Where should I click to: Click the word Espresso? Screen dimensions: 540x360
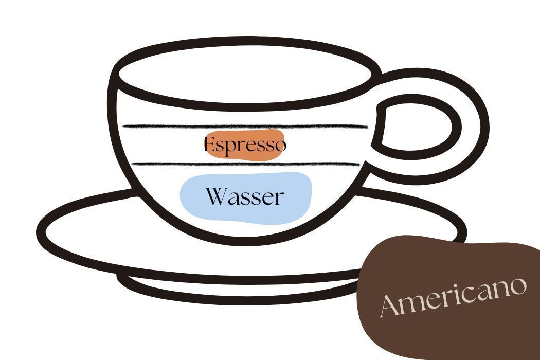point(245,145)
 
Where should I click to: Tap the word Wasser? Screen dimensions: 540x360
point(245,196)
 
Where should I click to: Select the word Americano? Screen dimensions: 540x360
point(453,297)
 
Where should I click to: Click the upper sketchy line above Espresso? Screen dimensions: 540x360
point(245,127)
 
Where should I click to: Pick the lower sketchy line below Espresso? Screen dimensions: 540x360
point(245,164)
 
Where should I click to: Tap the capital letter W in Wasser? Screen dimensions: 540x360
point(217,196)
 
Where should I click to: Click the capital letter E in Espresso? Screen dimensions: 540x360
point(209,144)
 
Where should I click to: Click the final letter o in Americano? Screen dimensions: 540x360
point(518,285)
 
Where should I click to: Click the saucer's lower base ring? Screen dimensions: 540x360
point(238,291)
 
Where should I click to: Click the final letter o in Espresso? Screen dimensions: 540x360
point(280,146)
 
